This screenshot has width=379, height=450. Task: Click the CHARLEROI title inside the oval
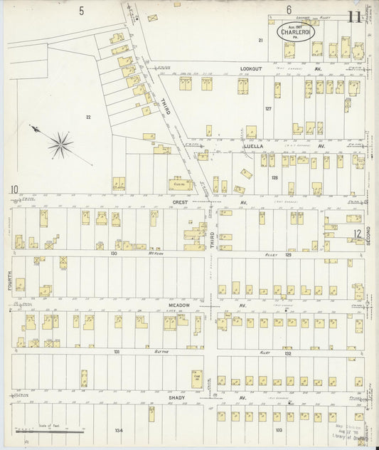[x=293, y=32]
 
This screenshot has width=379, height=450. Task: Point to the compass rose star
[x=60, y=145]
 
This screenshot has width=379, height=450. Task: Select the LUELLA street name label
[x=255, y=146]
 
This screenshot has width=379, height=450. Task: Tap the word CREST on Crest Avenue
[x=177, y=202]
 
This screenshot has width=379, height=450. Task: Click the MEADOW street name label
[x=178, y=305]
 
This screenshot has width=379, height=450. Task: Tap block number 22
[x=88, y=117]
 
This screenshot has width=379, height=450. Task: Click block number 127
[x=269, y=108]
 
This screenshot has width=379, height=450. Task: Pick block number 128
[x=274, y=179]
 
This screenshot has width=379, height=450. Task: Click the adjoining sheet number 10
[x=14, y=189]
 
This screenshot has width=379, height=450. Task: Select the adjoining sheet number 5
[x=82, y=10]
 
